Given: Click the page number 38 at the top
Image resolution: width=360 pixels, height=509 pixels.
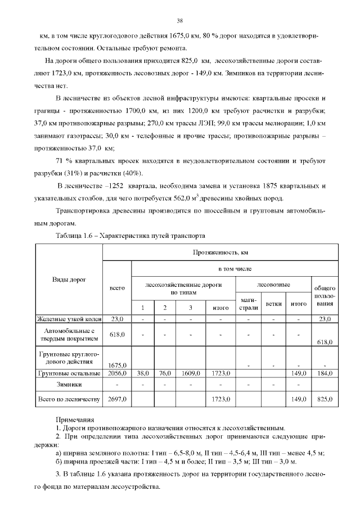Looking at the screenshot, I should click(x=180, y=21).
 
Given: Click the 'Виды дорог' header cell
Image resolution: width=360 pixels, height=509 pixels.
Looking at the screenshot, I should click(x=69, y=280).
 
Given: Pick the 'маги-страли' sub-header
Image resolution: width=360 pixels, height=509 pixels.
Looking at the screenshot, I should click(x=249, y=304).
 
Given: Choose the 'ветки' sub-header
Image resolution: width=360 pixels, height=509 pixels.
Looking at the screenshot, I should click(x=273, y=303).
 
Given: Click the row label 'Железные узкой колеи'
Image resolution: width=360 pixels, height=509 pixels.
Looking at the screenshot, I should click(x=69, y=319).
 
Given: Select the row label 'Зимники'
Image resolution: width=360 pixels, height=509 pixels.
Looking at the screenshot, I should click(x=69, y=385).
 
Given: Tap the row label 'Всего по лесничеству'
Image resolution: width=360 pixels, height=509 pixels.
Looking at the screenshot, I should click(x=69, y=400).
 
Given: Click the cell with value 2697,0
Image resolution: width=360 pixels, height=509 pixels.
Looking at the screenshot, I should click(x=116, y=400).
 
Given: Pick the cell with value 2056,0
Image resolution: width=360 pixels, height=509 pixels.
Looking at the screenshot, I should click(x=116, y=373).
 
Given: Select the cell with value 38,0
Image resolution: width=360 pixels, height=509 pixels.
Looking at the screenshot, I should click(x=143, y=373).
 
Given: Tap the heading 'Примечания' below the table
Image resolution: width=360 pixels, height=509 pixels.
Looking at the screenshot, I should click(x=74, y=420).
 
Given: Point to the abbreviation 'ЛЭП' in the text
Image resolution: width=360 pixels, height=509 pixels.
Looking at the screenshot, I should click(x=208, y=123).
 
